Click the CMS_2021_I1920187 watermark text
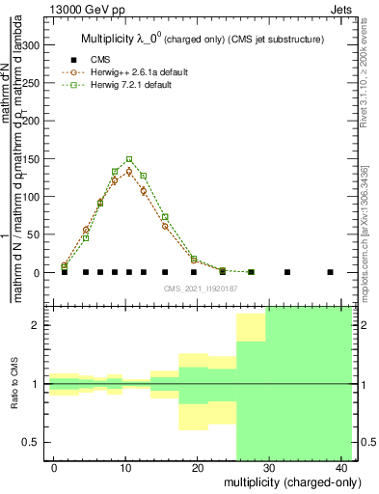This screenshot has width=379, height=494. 201,288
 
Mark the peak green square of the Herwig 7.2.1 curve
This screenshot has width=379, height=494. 129,159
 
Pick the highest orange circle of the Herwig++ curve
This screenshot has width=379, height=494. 129,172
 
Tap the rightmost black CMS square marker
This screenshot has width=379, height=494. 330,272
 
